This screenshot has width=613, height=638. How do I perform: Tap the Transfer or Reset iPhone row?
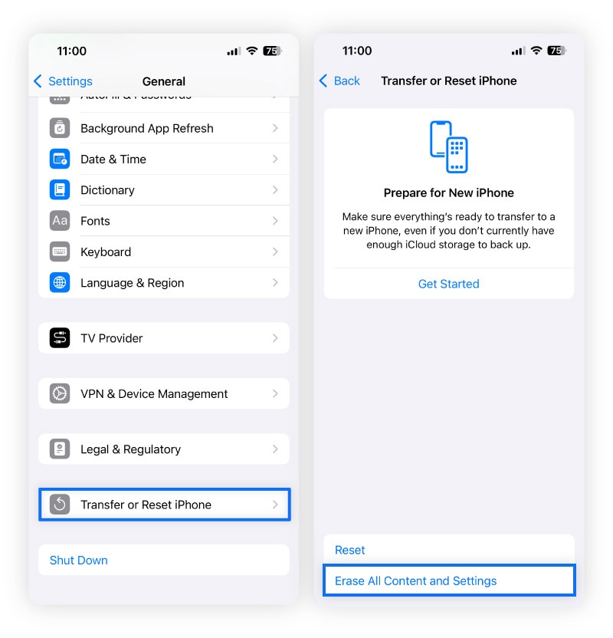(x=164, y=505)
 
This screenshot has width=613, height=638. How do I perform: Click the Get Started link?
(x=448, y=284)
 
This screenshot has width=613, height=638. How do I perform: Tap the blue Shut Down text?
(x=79, y=560)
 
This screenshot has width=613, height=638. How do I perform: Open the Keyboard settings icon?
(x=60, y=252)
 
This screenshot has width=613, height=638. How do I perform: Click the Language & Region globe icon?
(x=60, y=282)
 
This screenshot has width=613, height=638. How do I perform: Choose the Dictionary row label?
(x=107, y=190)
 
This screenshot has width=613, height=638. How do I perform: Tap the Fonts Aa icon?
(x=60, y=221)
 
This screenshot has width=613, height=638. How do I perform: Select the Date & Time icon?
(x=60, y=159)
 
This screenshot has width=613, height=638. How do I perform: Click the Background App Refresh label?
(x=147, y=128)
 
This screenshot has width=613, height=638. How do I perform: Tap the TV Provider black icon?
(x=60, y=338)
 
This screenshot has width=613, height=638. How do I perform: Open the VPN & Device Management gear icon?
(x=60, y=393)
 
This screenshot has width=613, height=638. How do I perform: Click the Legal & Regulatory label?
(x=130, y=449)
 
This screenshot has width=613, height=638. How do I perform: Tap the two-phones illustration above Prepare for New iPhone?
(x=448, y=146)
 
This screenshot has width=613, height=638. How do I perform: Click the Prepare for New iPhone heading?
(x=448, y=192)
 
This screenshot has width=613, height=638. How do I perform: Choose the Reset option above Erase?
(x=350, y=550)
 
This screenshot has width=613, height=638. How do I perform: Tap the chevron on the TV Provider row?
(x=275, y=338)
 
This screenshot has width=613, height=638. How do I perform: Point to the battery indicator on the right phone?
(x=556, y=51)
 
